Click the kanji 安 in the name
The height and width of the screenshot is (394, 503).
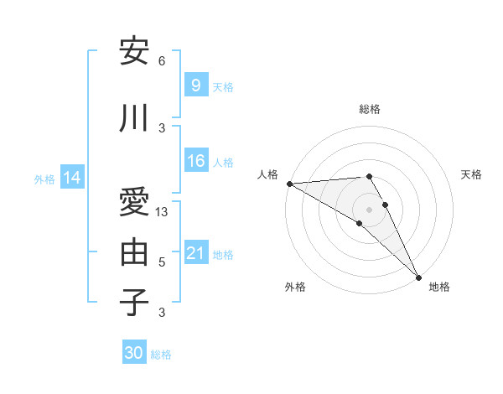[135, 53]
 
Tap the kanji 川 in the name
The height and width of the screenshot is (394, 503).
[135, 119]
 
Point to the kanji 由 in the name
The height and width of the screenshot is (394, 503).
[135, 251]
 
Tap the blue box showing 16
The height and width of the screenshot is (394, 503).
[195, 161]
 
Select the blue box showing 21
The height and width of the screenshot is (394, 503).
[195, 253]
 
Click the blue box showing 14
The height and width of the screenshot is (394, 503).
[71, 178]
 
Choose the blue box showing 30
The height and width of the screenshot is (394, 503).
[134, 353]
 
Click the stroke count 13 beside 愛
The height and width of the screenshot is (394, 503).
[163, 212]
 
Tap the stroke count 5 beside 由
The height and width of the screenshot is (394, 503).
[162, 262]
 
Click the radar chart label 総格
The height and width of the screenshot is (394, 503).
[370, 109]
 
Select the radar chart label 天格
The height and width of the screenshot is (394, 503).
[471, 174]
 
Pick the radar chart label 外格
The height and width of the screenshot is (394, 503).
[295, 287]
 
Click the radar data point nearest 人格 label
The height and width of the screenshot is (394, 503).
[289, 184]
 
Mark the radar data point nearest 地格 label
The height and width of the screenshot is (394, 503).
[418, 277]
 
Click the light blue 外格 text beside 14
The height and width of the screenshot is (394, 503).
[44, 179]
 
